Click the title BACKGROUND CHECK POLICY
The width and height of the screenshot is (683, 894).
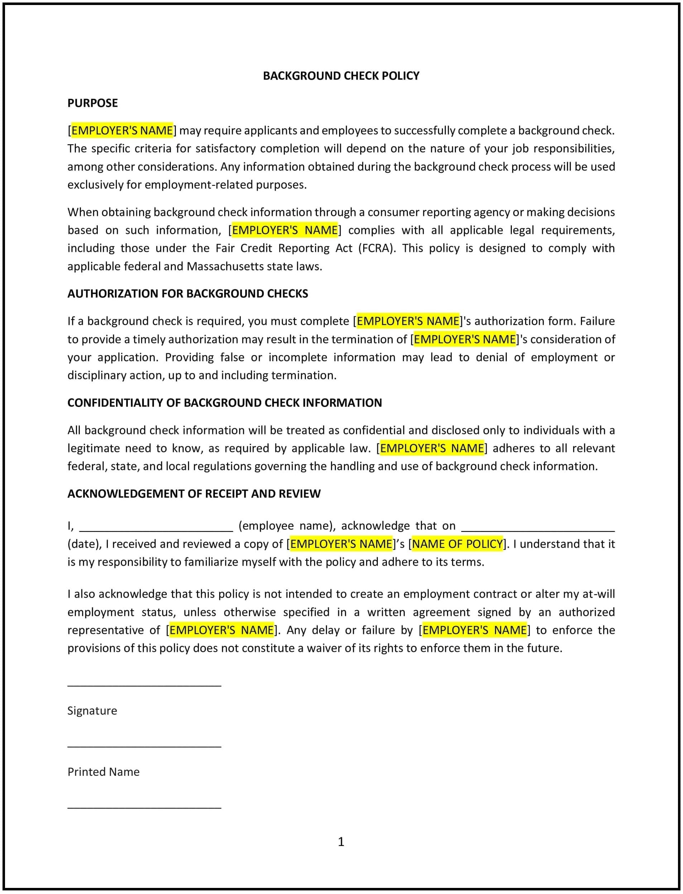tap(341, 76)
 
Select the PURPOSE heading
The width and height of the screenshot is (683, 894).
tap(92, 103)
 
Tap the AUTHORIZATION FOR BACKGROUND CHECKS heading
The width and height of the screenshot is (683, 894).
tap(187, 294)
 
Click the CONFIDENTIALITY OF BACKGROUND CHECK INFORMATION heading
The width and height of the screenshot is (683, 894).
tap(225, 403)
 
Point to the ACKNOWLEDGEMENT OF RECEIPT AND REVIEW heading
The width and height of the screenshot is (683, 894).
tap(194, 494)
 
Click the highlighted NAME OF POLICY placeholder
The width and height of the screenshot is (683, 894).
tap(457, 544)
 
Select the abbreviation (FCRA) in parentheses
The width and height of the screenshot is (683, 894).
tap(376, 248)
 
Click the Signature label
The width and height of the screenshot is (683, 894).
tap(92, 711)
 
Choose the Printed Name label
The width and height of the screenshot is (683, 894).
tap(103, 772)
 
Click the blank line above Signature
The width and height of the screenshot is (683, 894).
tap(144, 686)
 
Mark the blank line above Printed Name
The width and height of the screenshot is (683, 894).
tap(144, 747)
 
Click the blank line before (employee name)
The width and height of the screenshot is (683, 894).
tap(156, 530)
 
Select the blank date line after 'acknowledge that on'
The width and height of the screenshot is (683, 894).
tap(538, 530)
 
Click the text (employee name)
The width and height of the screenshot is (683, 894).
tap(287, 526)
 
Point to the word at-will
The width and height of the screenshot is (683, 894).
tap(598, 594)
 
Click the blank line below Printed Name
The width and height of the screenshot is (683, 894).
tap(144, 807)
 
